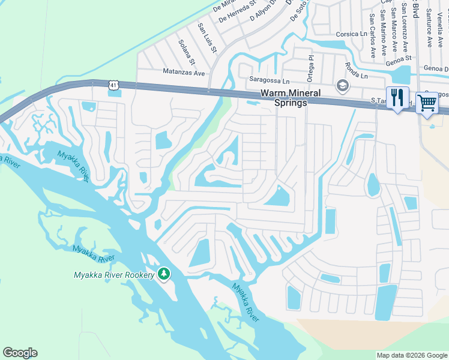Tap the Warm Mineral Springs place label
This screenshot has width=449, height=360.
click(290, 98)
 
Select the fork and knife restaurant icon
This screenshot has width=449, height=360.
click(397, 98)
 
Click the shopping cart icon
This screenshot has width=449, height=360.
click(427, 103)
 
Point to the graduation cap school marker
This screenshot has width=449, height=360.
click(343, 86)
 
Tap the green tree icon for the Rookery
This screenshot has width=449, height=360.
click(163, 274)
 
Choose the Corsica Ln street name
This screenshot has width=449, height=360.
click(351, 34)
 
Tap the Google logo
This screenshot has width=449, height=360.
click(20, 353)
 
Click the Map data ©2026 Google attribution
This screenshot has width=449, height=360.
click(412, 355)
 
